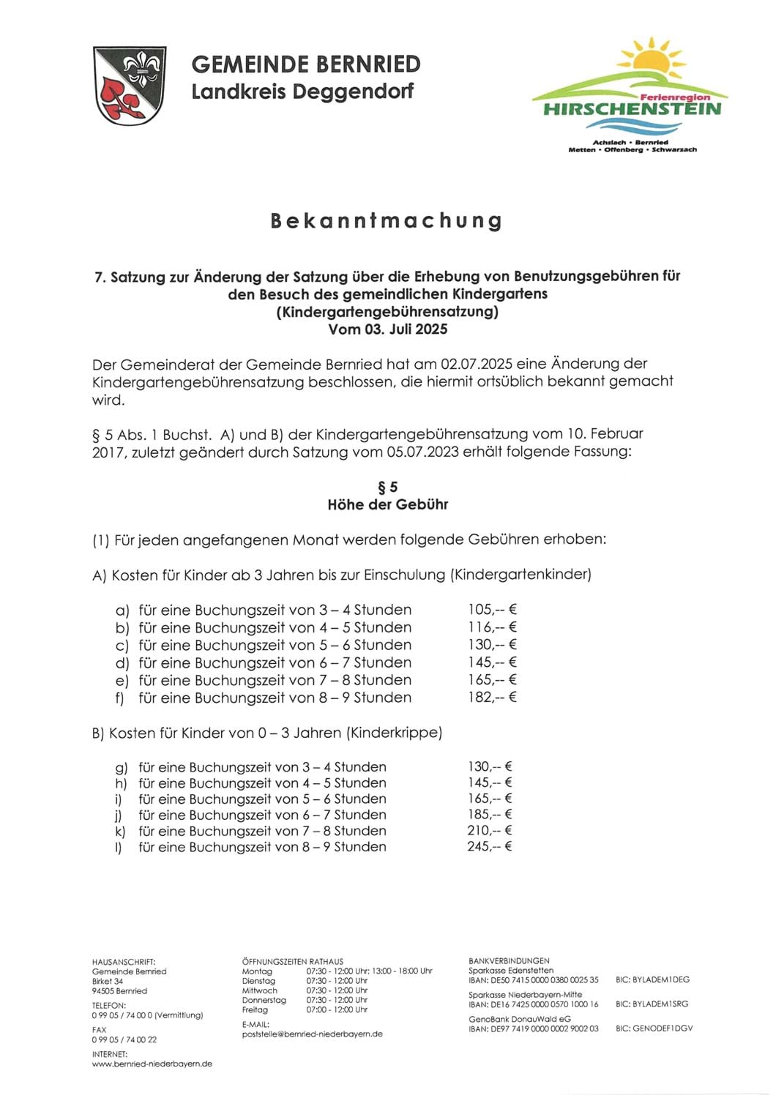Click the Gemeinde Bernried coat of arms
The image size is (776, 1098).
pyautogui.click(x=130, y=85)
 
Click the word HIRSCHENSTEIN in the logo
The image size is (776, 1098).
pyautogui.click(x=632, y=110)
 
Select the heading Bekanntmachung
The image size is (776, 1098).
pyautogui.click(x=387, y=220)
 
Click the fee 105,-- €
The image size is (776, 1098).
pyautogui.click(x=493, y=609)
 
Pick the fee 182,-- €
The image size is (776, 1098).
pyautogui.click(x=493, y=697)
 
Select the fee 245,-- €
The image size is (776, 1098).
pyautogui.click(x=490, y=846)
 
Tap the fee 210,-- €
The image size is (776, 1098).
pyautogui.click(x=490, y=830)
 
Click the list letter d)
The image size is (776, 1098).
pyautogui.click(x=122, y=662)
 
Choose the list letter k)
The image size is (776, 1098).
pyautogui.click(x=120, y=831)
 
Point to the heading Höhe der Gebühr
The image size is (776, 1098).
pyautogui.click(x=387, y=504)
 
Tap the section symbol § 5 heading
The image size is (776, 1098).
pyautogui.click(x=387, y=487)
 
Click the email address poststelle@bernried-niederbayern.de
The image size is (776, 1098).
pyautogui.click(x=312, y=1034)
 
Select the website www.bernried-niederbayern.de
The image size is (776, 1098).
pyautogui.click(x=152, y=1064)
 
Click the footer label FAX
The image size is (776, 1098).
pyautogui.click(x=100, y=1030)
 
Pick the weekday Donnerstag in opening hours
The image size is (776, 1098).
pyautogui.click(x=264, y=1000)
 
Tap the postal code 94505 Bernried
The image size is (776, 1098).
pyautogui.click(x=119, y=990)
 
